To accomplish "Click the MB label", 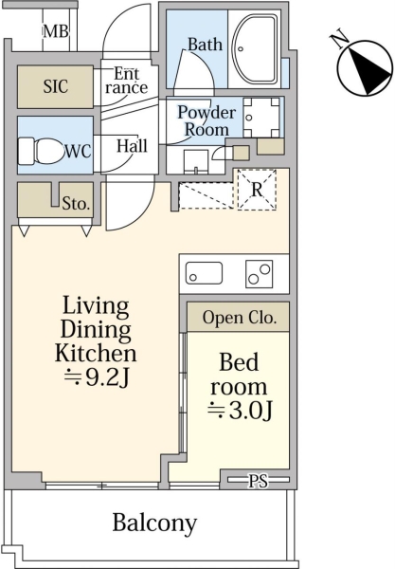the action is pyautogui.click(x=56, y=31).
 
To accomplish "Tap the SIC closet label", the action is pyautogui.click(x=56, y=86).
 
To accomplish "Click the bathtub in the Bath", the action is pyautogui.click(x=255, y=49).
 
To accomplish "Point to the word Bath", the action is pyautogui.click(x=206, y=45).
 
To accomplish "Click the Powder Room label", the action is pyautogui.click(x=206, y=120).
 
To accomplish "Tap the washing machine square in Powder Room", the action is pyautogui.click(x=261, y=117).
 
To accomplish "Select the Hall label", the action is pyautogui.click(x=132, y=146).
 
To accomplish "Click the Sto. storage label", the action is pyautogui.click(x=76, y=203).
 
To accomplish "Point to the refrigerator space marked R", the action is pyautogui.click(x=257, y=190).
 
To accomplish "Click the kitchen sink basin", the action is pyautogui.click(x=204, y=273).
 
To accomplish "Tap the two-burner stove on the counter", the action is pyautogui.click(x=260, y=274).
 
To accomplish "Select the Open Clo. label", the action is pyautogui.click(x=240, y=318).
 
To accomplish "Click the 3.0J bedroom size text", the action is pyautogui.click(x=240, y=412).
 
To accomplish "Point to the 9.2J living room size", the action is pyautogui.click(x=97, y=377).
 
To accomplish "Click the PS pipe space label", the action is pyautogui.click(x=259, y=481).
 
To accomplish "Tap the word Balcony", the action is pyautogui.click(x=154, y=523).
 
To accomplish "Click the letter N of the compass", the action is pyautogui.click(x=339, y=41).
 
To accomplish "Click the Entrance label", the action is pyautogui.click(x=127, y=81).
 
